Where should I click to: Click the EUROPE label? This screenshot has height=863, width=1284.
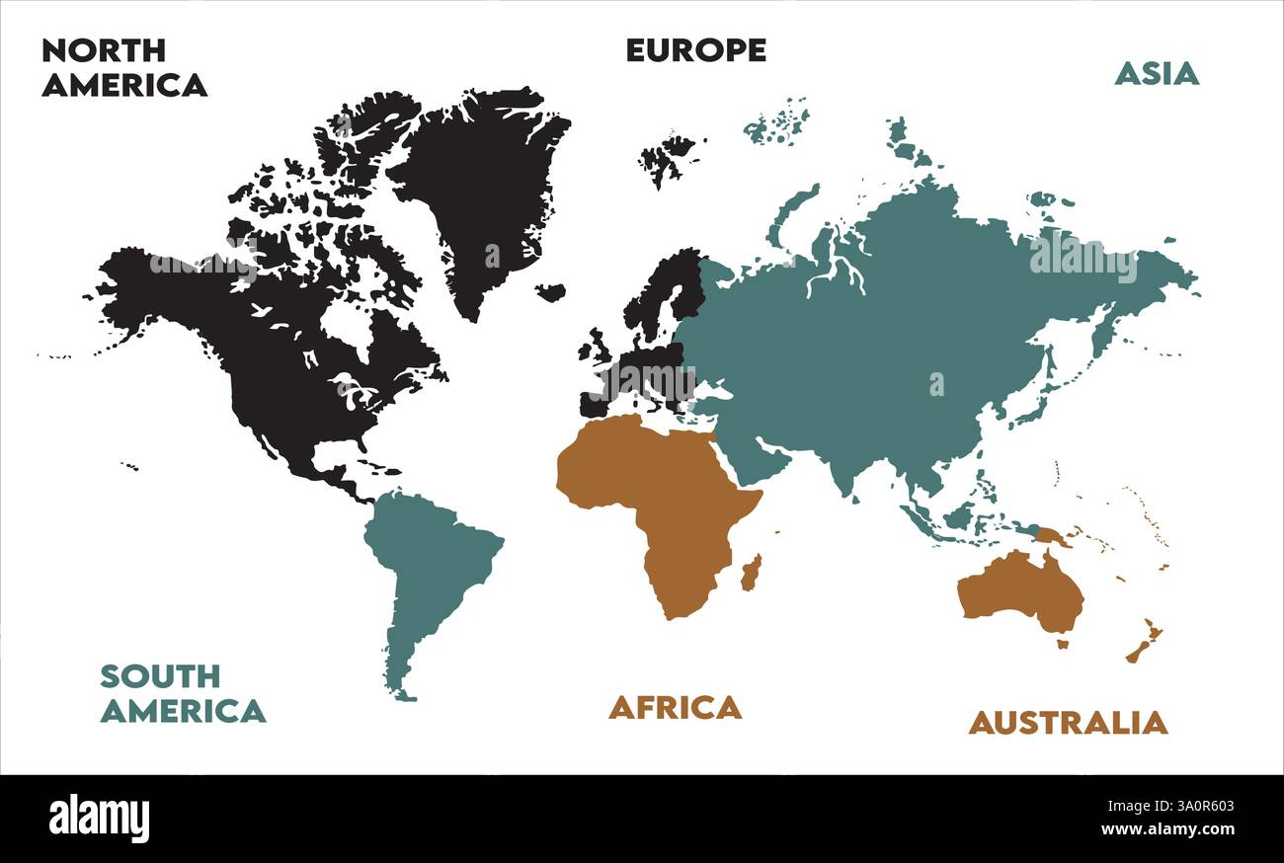695,50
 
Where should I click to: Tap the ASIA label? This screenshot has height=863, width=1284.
1156,73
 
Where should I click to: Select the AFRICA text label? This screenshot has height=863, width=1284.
675,707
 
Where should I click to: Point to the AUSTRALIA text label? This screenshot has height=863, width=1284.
1067,723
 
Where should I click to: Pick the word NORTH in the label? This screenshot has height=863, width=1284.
104,50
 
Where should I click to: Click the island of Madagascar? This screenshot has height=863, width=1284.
751,573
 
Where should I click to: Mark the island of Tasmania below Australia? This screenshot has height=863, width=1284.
1063,644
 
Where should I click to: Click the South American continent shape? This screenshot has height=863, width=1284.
430,563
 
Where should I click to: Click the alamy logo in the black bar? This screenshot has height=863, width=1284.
99,819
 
